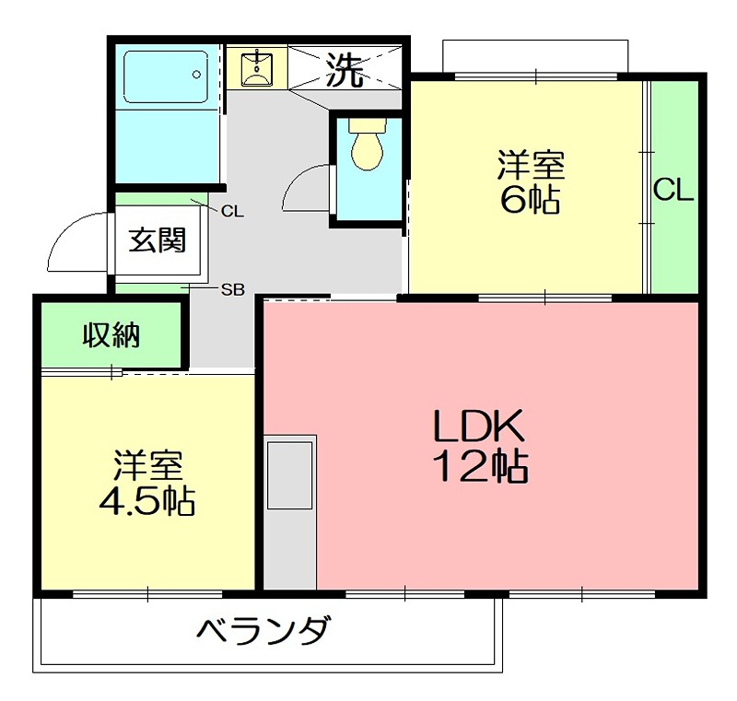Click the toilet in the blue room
(367, 147)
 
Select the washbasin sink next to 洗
(255, 68)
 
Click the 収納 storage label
(111, 336)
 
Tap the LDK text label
(479, 426)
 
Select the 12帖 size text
(480, 468)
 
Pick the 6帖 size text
(531, 200)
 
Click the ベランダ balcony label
(263, 633)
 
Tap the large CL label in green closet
(673, 191)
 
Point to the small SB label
(232, 289)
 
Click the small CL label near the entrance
(232, 211)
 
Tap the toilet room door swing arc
(304, 189)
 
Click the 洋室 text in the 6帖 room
(531, 166)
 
